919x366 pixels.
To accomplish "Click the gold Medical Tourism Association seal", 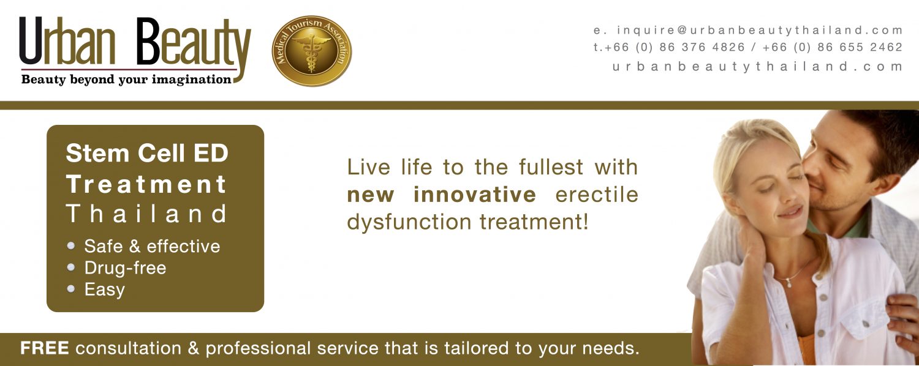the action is (x=312, y=51).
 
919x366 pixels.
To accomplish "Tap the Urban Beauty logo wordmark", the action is (x=135, y=45).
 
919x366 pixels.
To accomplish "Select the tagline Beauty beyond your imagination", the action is (x=126, y=80).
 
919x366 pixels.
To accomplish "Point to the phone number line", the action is (x=747, y=47).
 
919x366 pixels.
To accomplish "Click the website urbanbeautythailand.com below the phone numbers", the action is (x=757, y=66).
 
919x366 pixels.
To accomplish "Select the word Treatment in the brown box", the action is (x=146, y=184).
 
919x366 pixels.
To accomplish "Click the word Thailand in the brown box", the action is (x=146, y=214).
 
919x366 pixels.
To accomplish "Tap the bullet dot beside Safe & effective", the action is (x=71, y=246).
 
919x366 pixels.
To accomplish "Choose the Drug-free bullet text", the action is (x=125, y=268).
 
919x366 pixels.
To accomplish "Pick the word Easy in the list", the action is (x=105, y=289).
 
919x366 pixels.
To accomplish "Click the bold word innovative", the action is (x=475, y=194).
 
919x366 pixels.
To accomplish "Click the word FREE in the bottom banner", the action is (x=44, y=348).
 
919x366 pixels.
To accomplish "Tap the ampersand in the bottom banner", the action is (x=193, y=349).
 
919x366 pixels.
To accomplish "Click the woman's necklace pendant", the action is (x=789, y=283).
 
